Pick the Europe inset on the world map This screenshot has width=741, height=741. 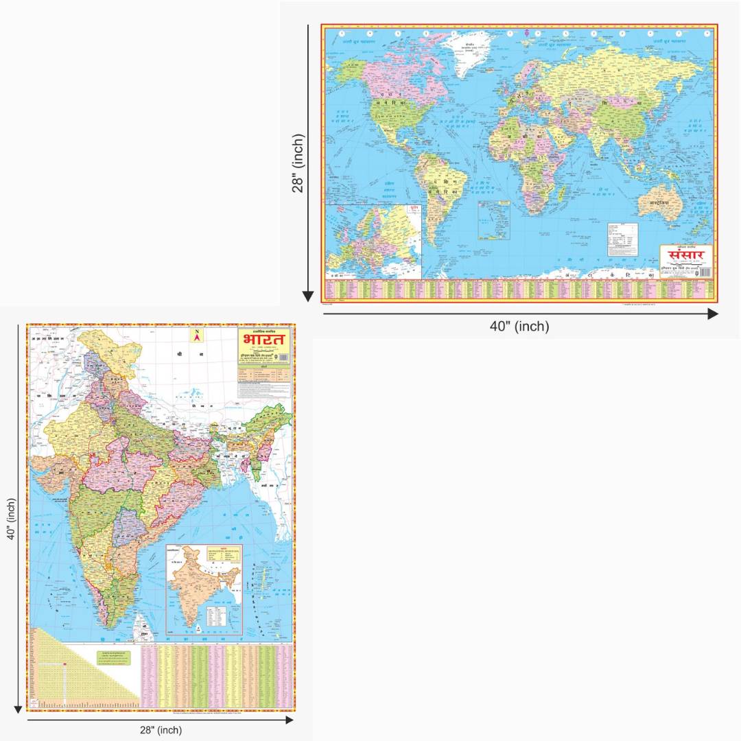pyautogui.click(x=373, y=241)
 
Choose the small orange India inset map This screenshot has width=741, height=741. pyautogui.click(x=204, y=588)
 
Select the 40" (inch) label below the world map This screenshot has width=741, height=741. pyautogui.click(x=519, y=327)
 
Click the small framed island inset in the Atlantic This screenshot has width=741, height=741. pyautogui.click(x=494, y=219)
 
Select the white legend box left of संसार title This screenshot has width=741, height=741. pyautogui.click(x=622, y=240)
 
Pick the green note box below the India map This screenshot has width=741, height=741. pyautogui.click(x=112, y=659)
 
